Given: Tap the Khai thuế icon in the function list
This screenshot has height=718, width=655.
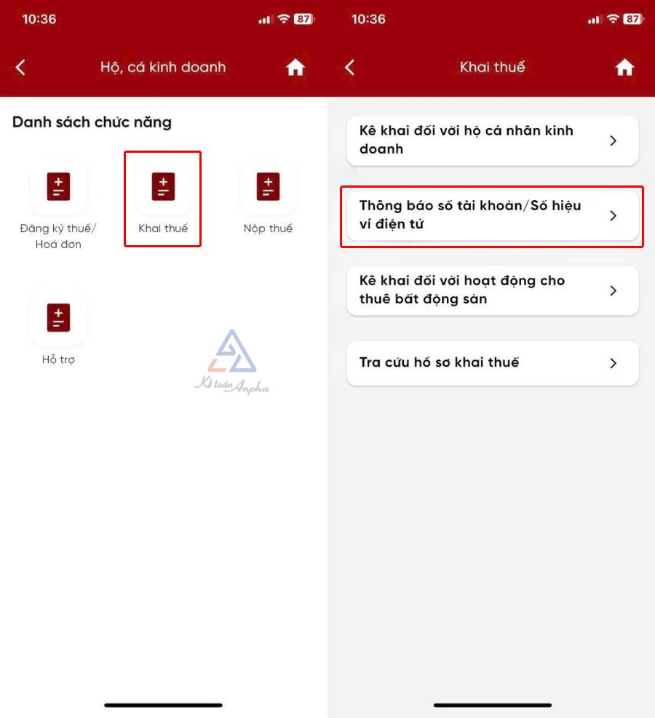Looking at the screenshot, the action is [163, 186].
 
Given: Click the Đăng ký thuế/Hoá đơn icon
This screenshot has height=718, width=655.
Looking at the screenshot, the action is [58, 186].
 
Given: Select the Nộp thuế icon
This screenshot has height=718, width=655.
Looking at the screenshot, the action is [268, 186].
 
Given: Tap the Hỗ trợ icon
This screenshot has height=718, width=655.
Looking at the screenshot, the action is [58, 317].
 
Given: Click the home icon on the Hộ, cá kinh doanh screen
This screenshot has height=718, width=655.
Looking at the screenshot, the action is [295, 68].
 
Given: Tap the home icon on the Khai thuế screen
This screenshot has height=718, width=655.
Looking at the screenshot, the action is [624, 68].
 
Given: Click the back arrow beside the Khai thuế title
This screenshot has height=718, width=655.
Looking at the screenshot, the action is [349, 68].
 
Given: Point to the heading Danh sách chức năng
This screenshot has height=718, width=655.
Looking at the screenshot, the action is [92, 122].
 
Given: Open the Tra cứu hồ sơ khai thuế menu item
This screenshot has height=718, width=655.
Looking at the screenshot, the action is [493, 363].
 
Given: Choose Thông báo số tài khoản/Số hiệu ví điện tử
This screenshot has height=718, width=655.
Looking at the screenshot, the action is [493, 215].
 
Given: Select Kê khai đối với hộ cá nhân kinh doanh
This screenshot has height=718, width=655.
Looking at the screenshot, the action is [493, 140].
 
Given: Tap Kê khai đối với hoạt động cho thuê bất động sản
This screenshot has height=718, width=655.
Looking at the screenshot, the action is [493, 290].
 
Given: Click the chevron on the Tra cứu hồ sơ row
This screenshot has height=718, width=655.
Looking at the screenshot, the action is [614, 363].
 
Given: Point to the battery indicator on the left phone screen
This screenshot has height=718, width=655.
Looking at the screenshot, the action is [303, 19].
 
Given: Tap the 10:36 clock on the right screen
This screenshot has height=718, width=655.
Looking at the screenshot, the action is [368, 19].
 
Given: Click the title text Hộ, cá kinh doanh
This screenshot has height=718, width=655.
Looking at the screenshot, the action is [163, 68].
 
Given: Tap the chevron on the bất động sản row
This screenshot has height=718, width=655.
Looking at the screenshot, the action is [614, 290].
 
